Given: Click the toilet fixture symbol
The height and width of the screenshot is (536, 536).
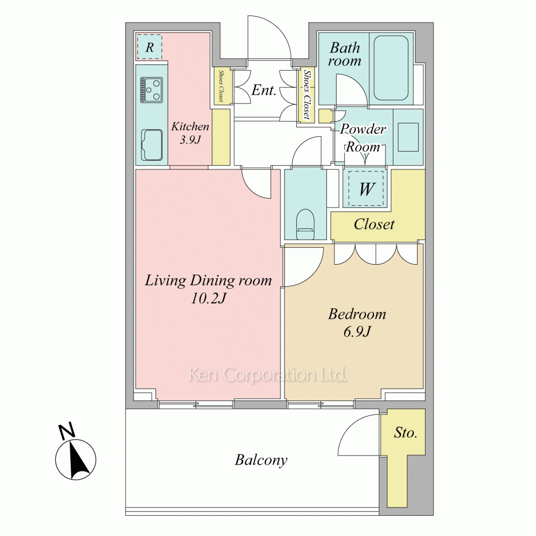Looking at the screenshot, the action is point(305,224).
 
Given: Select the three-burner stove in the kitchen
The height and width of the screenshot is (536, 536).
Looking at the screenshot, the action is point(152,90).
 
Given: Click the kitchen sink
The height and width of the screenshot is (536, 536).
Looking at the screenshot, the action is point(152,145).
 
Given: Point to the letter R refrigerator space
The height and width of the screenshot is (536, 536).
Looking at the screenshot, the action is point(150,47).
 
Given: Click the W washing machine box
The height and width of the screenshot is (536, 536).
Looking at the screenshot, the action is point(366,188).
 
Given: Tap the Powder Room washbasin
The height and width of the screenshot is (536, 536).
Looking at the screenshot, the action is point(408,137).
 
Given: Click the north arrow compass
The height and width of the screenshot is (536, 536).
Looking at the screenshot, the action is point(76,454).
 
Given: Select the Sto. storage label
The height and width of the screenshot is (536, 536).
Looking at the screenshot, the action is point(405,433).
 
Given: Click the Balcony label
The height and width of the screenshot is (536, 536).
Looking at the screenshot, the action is point(261,460).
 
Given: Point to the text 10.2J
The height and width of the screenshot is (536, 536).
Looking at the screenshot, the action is point(208,299).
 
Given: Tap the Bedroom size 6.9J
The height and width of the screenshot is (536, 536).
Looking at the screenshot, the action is point(357,332).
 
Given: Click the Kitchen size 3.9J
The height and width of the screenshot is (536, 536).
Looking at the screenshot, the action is point(190,140).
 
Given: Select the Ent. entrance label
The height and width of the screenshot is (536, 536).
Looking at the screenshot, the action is point(264,90).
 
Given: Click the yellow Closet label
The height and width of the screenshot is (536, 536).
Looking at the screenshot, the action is point(374,224).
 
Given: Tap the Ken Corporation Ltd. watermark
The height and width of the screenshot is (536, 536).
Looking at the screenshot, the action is point(267,375).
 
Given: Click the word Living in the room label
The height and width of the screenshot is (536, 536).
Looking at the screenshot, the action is point(166,281).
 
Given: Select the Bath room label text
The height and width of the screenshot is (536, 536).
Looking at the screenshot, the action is point(345,54).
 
